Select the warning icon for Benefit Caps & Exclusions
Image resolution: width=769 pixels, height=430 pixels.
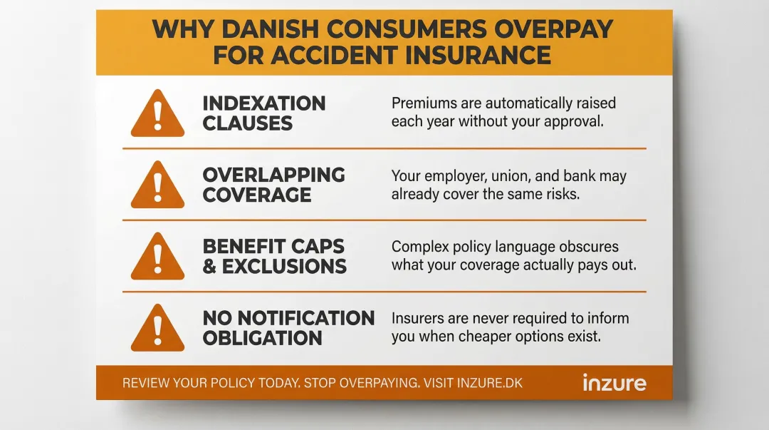tap(157, 257)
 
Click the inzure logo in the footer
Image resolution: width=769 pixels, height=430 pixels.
tap(614, 382)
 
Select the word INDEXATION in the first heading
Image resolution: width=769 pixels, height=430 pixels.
tap(263, 103)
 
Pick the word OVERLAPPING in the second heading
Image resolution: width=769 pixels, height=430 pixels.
tap(273, 175)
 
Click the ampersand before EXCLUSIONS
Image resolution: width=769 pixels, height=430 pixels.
tap(210, 267)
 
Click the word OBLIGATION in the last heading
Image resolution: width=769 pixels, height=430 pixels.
tap(262, 338)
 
